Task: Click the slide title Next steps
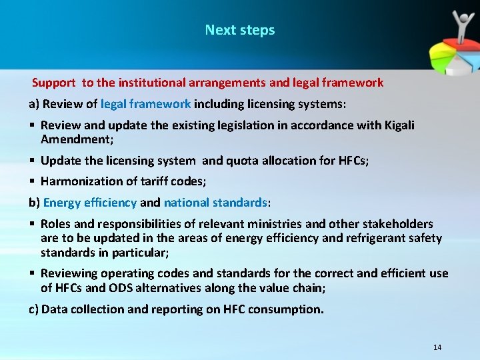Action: click(240, 30)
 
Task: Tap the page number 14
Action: click(437, 347)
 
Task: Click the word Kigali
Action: click(399, 125)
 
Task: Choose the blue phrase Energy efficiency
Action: click(90, 202)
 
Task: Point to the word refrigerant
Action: click(375, 238)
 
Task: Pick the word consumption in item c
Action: click(288, 309)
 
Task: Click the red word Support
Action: click(54, 83)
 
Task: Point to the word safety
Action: click(425, 238)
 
